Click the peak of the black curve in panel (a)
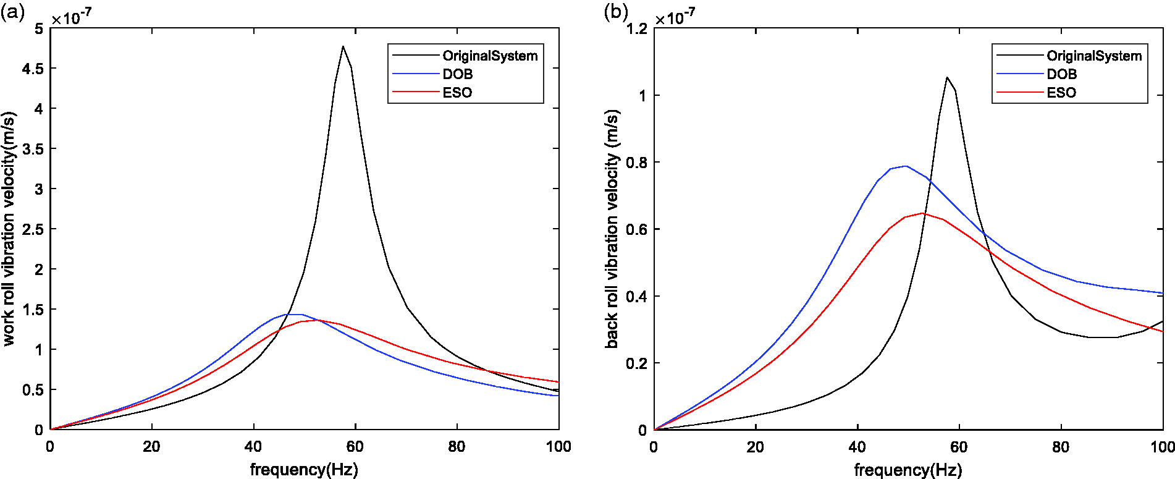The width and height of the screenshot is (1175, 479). (x=343, y=46)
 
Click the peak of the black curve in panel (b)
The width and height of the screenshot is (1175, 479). (x=946, y=77)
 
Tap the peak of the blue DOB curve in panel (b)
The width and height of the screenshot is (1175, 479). (x=906, y=166)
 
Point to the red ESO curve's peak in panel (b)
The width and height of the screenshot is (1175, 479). (x=923, y=213)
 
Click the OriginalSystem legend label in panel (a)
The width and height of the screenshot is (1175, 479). (x=490, y=56)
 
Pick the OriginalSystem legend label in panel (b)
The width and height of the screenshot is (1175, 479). (x=1094, y=56)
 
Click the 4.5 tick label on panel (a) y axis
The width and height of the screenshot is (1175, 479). (x=33, y=69)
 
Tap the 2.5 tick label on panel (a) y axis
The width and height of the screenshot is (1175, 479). (x=33, y=229)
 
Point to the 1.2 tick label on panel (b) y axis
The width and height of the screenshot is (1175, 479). (x=637, y=28)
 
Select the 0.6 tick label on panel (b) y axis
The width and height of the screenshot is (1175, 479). (x=637, y=229)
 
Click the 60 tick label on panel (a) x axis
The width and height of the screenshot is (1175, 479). (x=355, y=446)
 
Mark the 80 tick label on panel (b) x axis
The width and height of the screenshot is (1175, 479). (x=1061, y=446)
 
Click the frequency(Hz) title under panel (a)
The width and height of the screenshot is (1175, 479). (x=304, y=470)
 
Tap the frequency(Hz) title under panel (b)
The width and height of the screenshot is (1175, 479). (x=908, y=470)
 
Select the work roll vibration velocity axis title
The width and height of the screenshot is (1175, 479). (x=9, y=229)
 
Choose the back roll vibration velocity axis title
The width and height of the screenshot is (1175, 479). (x=612, y=229)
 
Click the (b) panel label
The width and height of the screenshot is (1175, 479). (x=615, y=12)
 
